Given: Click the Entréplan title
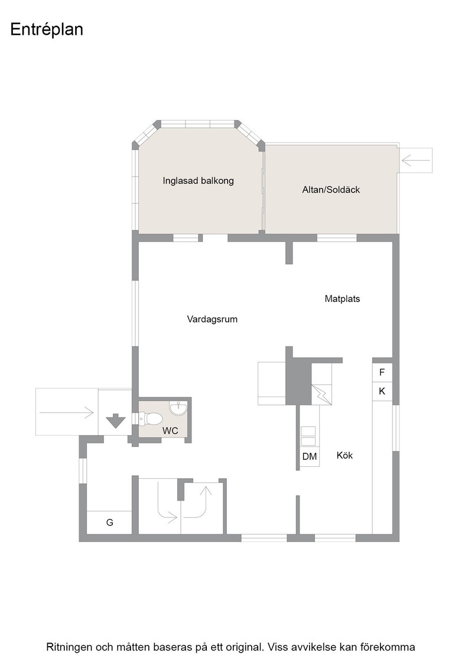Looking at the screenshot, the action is pos(47,30).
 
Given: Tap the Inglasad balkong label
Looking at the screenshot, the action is pos(199,181).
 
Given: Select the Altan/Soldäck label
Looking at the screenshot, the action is pos(331,190).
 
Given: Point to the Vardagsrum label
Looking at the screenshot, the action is pos(212,319).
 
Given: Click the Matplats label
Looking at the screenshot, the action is pos(342,299).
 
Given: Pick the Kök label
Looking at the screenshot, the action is pos(344,455).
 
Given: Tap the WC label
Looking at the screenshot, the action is pos(170,431).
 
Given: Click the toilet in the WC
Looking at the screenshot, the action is pos(151,418).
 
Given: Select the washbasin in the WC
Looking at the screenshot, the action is pos(178,408).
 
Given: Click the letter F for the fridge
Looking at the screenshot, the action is pos(382,372).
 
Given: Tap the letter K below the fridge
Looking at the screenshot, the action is pos(382,391).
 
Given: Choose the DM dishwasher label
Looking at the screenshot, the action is pos(309,456).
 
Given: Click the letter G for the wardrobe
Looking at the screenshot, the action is pos(110,523).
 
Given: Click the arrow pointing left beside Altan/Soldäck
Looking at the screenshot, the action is pos(415,160).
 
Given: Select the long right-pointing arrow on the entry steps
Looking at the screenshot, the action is pos(66,412).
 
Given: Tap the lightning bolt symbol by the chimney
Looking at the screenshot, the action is pos(320,394).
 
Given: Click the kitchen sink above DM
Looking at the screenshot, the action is pos(308,436).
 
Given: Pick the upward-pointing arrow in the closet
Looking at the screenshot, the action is pos(201,502).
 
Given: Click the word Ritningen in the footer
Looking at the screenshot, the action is pos(68,647).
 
